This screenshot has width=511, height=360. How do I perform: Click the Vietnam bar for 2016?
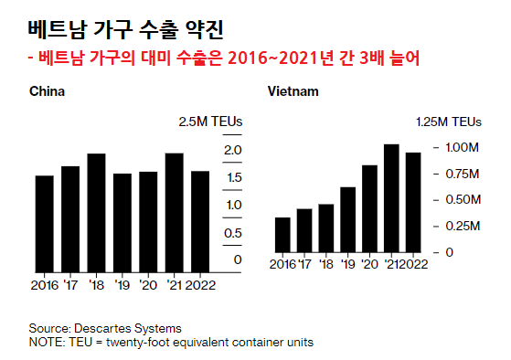282,234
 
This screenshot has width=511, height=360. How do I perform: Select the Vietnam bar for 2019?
347,219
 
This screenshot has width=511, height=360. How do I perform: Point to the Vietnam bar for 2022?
413,202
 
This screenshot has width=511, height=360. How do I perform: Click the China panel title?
47,92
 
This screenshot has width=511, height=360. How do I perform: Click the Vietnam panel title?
293,92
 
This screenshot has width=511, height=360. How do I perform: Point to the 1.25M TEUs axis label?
449,122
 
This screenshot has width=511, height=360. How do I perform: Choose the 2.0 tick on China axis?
232,150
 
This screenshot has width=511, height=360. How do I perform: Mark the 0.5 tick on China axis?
232,232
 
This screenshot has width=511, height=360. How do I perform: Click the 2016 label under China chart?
44,284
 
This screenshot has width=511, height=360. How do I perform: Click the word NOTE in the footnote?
46,342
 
